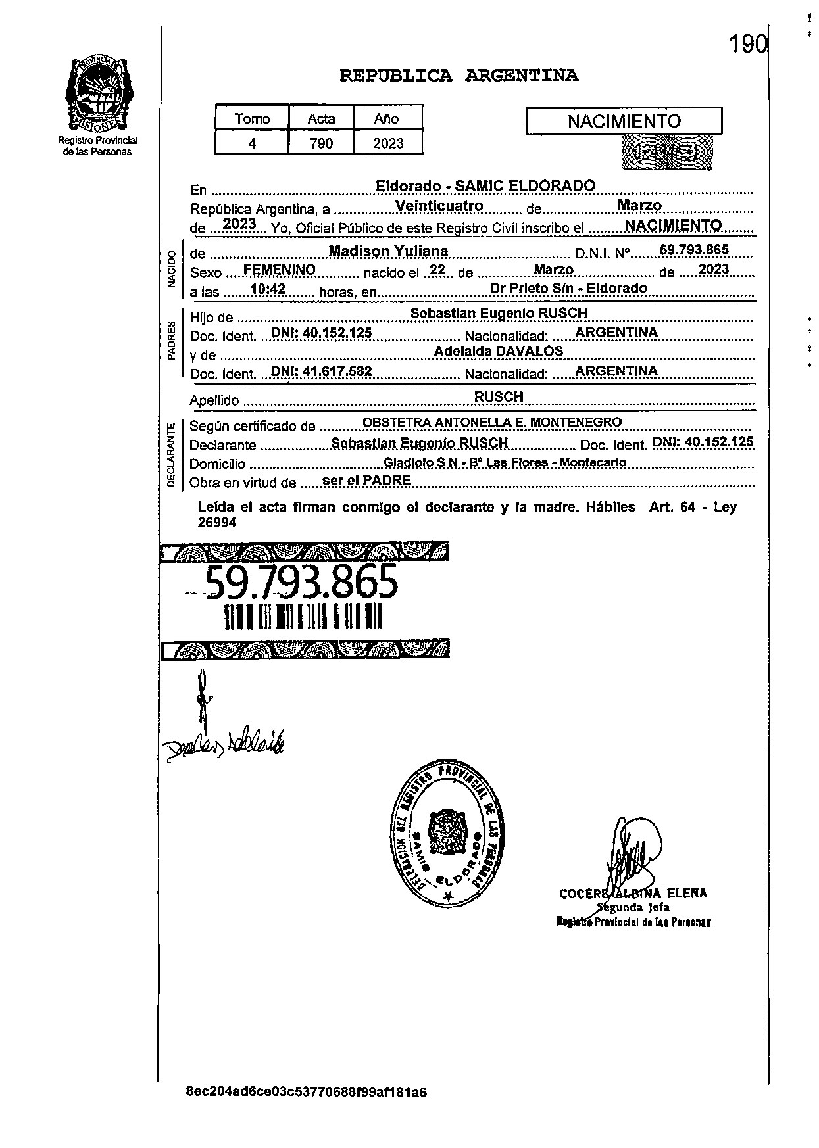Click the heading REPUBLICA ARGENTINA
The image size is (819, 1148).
[x=459, y=76]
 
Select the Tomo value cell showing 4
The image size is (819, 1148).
[x=252, y=143]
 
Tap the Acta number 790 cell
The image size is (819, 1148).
[x=321, y=143]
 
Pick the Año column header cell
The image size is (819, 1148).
[x=387, y=119]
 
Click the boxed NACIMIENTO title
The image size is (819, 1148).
[x=624, y=122]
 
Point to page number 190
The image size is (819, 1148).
[x=748, y=45]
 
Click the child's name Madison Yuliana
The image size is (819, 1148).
[x=389, y=251]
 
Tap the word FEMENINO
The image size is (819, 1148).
[x=279, y=270]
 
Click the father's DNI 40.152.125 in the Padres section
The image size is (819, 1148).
[x=322, y=333]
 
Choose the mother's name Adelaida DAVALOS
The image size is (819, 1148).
[x=499, y=352]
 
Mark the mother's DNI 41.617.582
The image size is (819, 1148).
[x=322, y=371]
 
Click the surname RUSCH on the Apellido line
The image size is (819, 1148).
[x=499, y=396]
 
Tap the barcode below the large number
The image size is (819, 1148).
[x=303, y=617]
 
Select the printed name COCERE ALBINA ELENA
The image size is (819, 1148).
[x=633, y=894]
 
